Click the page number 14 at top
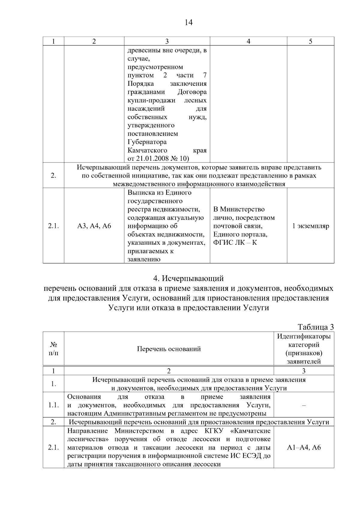188,22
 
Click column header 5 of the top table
310,41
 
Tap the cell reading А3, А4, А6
94,226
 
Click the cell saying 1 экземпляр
310,226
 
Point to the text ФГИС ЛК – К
235,242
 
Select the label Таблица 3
316,327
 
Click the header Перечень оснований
169,349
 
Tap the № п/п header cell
53,349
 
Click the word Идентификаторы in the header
304,336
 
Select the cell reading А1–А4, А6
304,448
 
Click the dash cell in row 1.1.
304,405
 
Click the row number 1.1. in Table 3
53,405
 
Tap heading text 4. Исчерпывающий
188,279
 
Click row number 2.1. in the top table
53,226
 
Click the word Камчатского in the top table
147,150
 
